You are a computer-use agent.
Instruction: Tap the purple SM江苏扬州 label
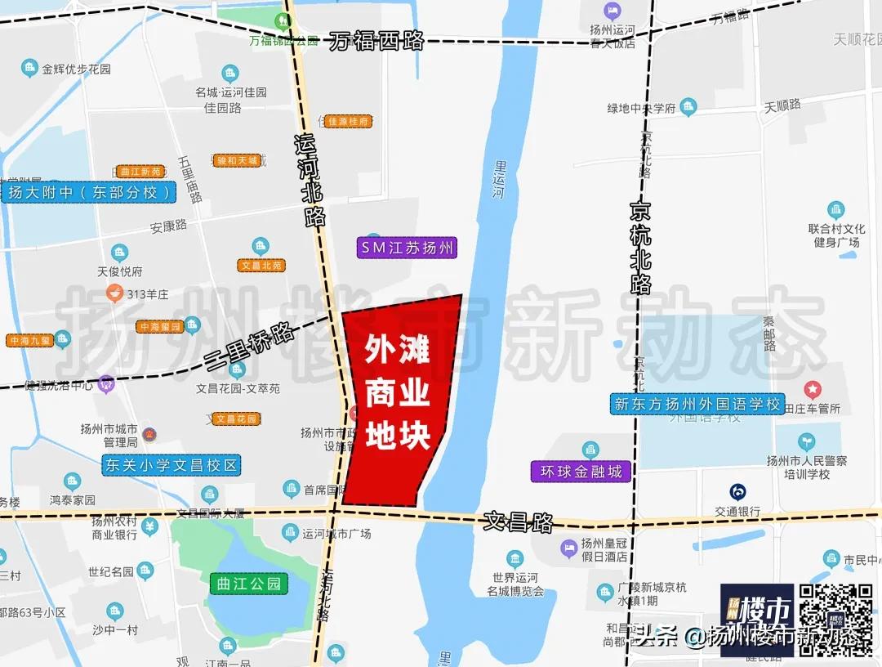click(408, 248)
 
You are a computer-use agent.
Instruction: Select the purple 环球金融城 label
click(581, 472)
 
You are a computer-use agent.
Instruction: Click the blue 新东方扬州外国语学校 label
click(697, 404)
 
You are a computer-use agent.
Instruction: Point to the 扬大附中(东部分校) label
click(90, 193)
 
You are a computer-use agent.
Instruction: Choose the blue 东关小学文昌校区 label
click(171, 466)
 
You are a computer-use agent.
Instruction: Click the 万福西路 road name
click(377, 42)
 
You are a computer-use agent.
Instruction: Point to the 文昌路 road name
click(519, 521)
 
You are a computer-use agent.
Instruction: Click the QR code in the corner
click(835, 619)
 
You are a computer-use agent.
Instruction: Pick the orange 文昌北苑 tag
click(261, 266)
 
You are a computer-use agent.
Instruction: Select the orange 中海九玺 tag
click(29, 340)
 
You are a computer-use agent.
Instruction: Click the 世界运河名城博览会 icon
click(514, 559)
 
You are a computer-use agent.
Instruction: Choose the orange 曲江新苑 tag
click(140, 172)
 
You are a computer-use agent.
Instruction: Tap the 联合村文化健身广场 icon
click(835, 210)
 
